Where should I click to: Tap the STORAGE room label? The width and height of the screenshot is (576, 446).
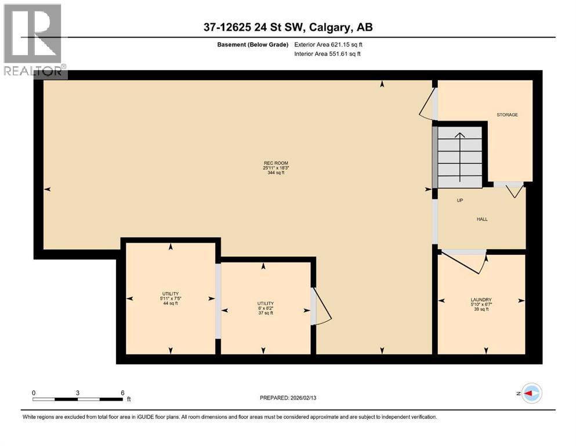tap(507, 115)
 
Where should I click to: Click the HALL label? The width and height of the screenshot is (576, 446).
tap(482, 220)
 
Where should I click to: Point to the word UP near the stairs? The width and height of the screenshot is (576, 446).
tap(459, 200)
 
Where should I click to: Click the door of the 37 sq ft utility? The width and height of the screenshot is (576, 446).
tap(321, 307)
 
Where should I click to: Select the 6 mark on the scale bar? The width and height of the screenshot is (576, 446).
tap(122, 393)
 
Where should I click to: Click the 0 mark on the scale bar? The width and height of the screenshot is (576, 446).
tap(34, 393)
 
